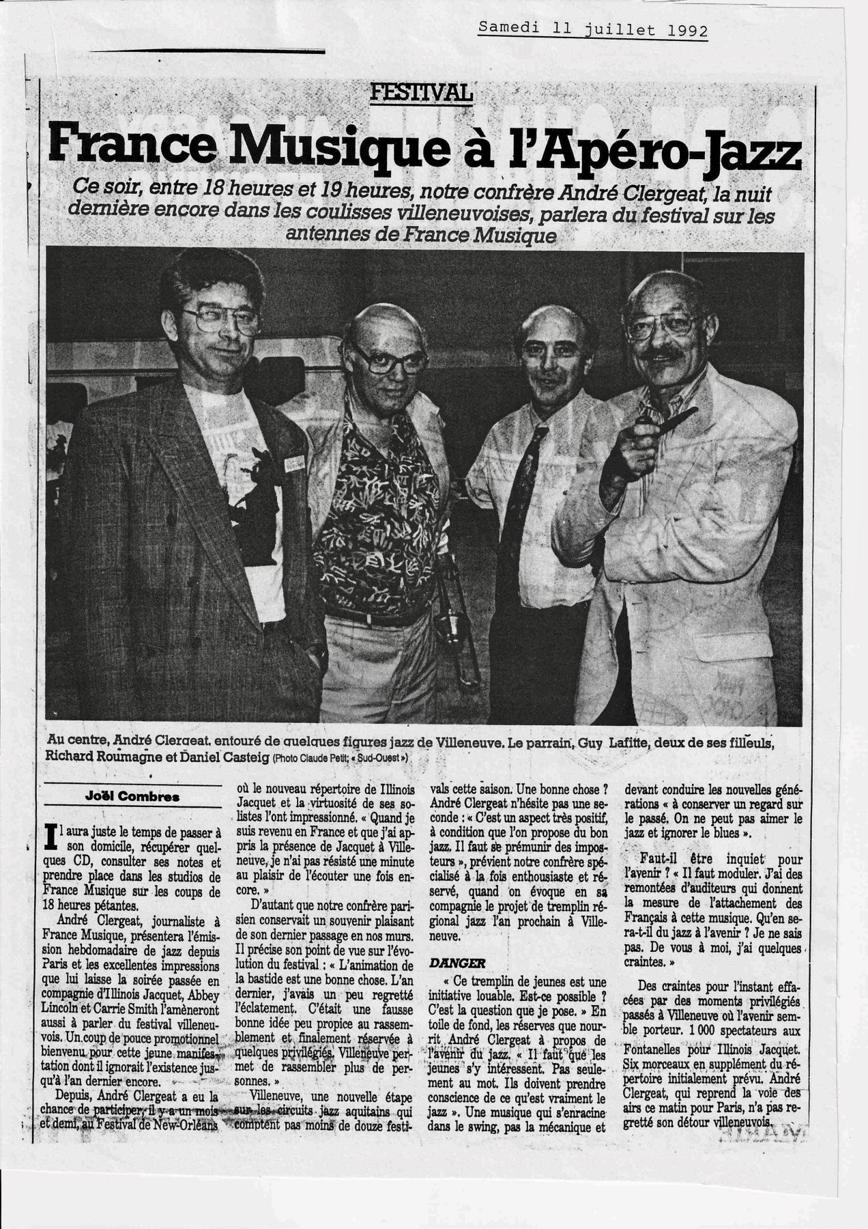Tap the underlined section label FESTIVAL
[x=420, y=94]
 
